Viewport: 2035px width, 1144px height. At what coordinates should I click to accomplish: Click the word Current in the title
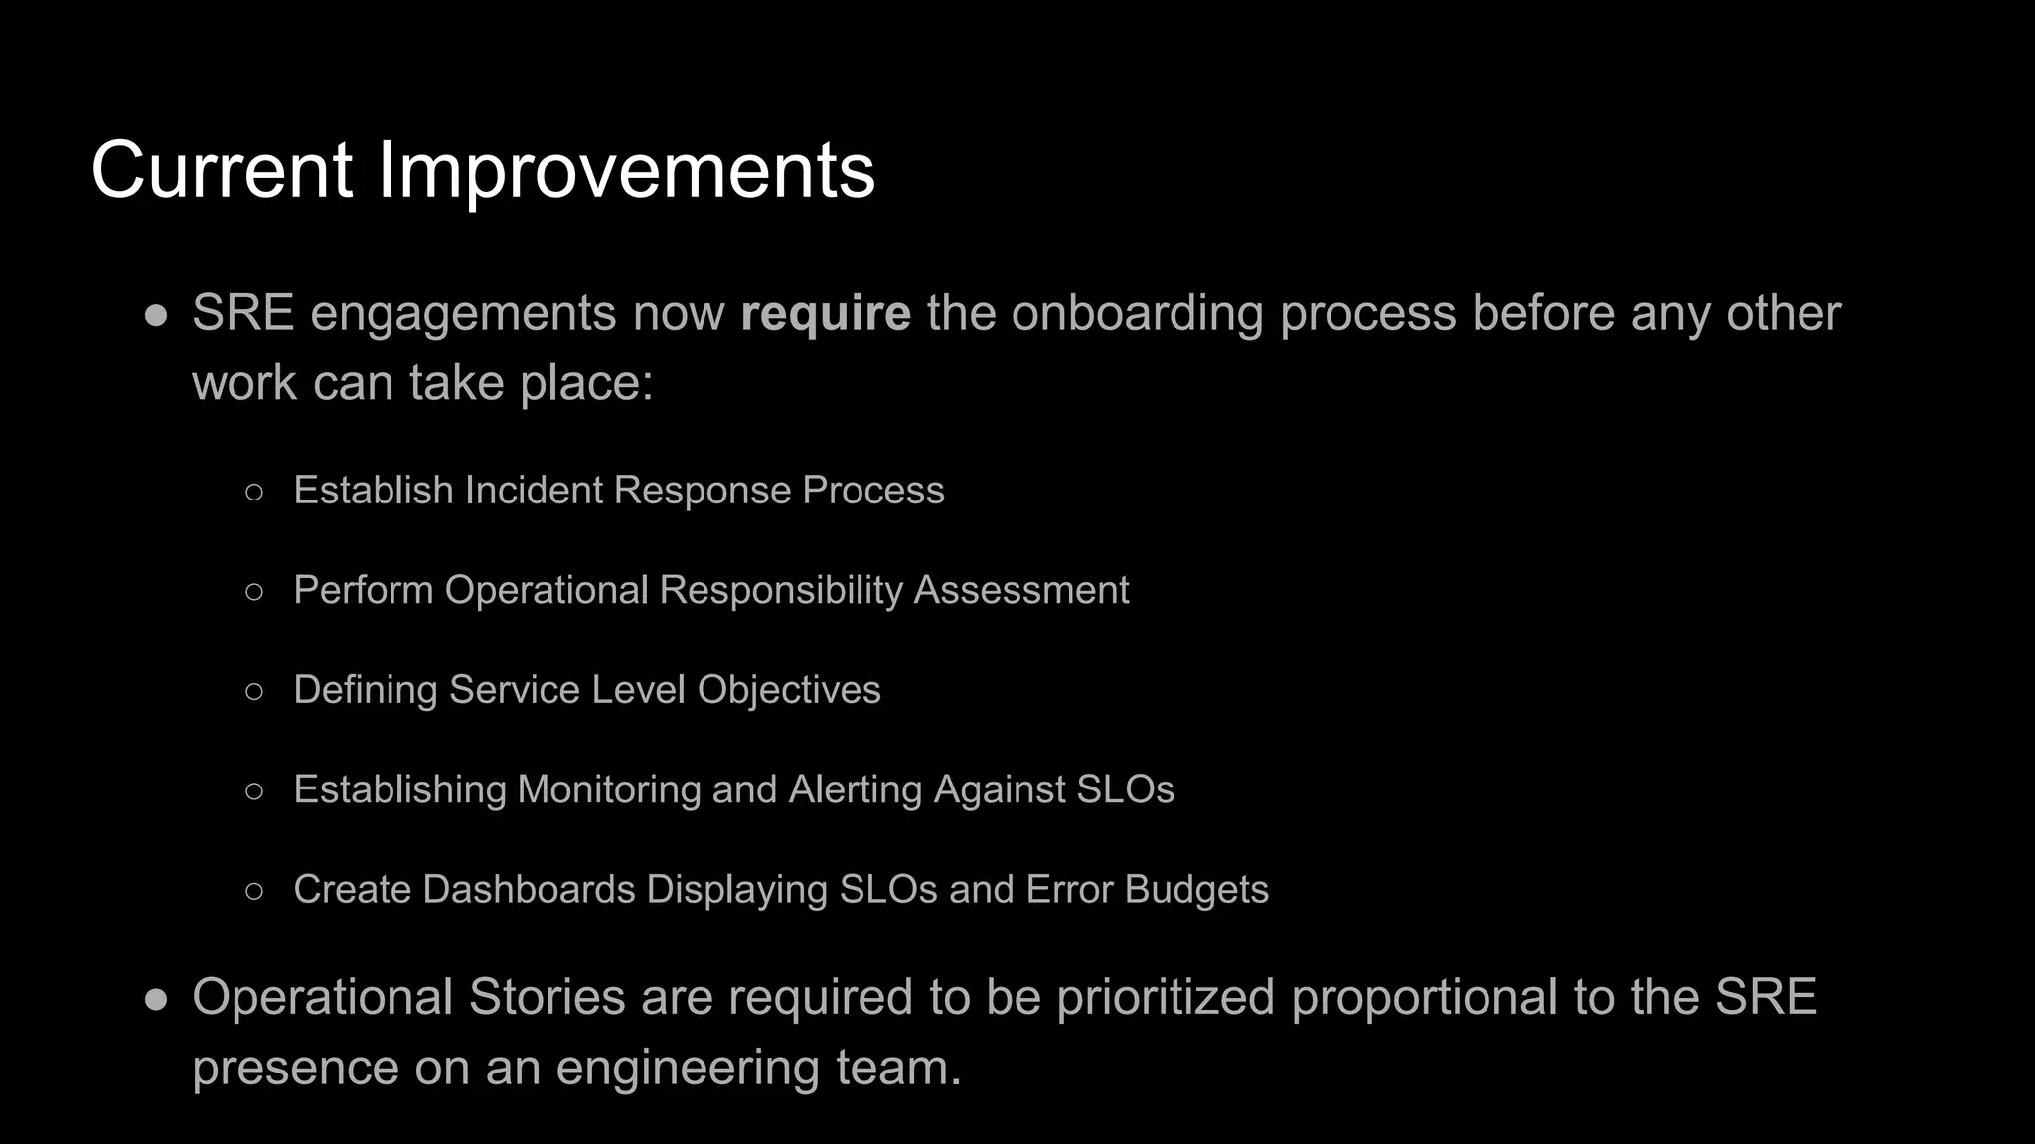click(222, 170)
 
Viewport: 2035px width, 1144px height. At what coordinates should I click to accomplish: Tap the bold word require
click(825, 313)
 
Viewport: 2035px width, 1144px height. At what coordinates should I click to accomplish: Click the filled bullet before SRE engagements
click(156, 314)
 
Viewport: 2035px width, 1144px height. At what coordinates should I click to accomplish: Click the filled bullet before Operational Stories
click(156, 998)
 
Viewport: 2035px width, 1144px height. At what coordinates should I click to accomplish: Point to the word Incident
click(534, 491)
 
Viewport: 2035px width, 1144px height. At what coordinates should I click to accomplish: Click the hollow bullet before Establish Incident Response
click(254, 491)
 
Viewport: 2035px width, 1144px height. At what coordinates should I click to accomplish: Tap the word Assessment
click(1020, 590)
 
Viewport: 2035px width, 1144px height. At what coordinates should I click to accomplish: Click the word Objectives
click(788, 690)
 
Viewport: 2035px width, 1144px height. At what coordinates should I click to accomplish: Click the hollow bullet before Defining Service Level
click(254, 690)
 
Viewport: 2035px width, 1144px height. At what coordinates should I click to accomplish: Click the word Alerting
click(855, 789)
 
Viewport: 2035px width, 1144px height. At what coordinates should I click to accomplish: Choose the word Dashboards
click(529, 890)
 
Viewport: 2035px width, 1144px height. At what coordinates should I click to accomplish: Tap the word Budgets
click(1195, 890)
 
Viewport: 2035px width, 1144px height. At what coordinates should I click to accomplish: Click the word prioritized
click(1165, 997)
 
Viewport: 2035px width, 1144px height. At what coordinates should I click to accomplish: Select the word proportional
click(1423, 997)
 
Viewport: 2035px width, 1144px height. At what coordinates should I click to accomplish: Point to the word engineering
click(687, 1068)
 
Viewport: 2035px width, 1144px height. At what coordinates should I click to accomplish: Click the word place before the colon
click(579, 383)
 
